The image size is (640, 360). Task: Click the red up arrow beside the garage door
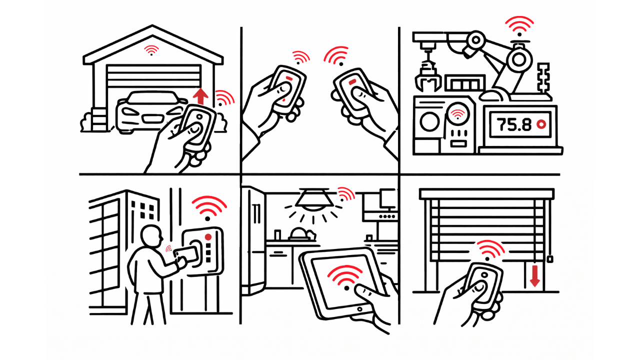[x=200, y=96]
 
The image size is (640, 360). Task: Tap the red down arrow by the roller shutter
[x=534, y=276]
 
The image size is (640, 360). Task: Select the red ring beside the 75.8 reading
[x=541, y=124]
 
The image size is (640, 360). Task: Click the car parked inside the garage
[x=151, y=112]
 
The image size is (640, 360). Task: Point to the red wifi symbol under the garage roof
[x=151, y=50]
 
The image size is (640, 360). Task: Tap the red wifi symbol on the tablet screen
[x=345, y=276]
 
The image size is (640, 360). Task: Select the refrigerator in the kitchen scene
[x=253, y=240]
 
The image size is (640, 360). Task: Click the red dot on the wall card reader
[x=208, y=237]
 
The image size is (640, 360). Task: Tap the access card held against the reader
[x=185, y=254]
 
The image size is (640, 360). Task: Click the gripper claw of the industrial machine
[x=427, y=77]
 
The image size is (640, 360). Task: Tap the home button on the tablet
[x=359, y=309]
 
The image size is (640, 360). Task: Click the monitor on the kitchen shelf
[x=388, y=199]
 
